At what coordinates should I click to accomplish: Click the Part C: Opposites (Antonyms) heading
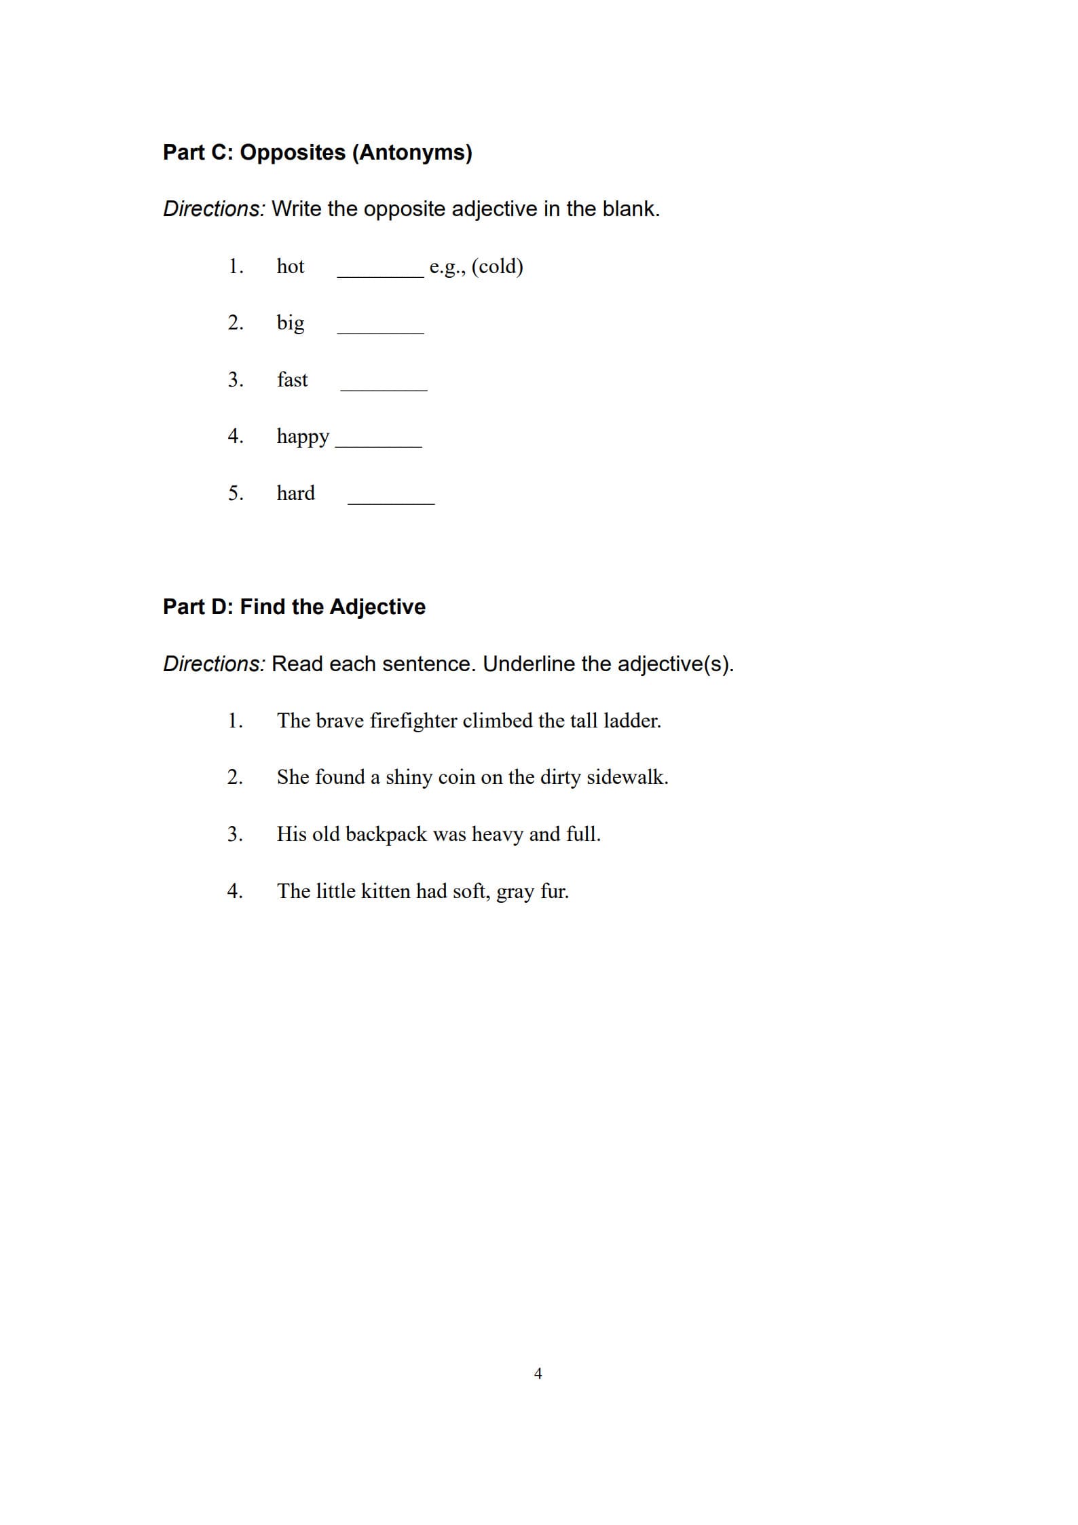coord(317,152)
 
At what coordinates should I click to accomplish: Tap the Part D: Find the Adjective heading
coord(294,607)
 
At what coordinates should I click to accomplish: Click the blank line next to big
coord(380,329)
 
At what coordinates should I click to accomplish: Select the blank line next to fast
coord(384,387)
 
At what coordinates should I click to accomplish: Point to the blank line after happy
coord(379,443)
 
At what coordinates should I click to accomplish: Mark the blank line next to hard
coord(391,500)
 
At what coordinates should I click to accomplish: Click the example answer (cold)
coord(497,266)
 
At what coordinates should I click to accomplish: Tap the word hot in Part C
coord(291,266)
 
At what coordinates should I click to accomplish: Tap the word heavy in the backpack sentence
coord(498,834)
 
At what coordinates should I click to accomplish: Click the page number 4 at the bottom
coord(538,1374)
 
